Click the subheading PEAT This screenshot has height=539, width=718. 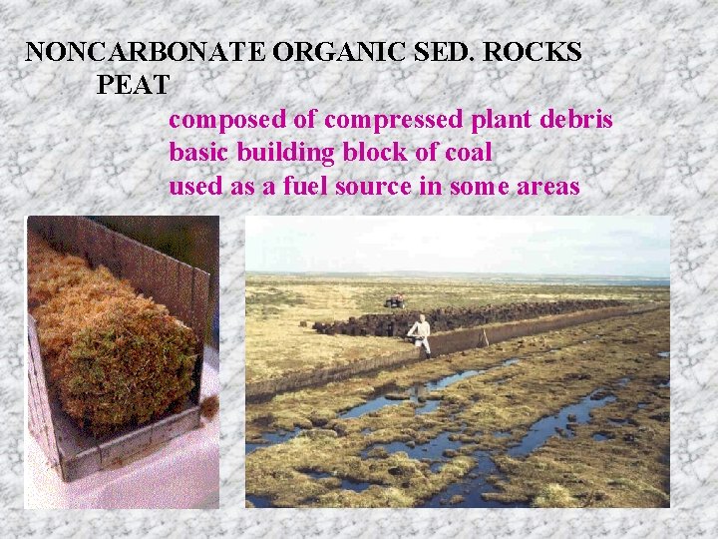134,85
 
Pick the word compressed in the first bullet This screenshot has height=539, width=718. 394,120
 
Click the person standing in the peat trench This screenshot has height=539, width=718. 422,333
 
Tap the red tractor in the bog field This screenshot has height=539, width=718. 395,299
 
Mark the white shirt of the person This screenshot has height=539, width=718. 422,326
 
